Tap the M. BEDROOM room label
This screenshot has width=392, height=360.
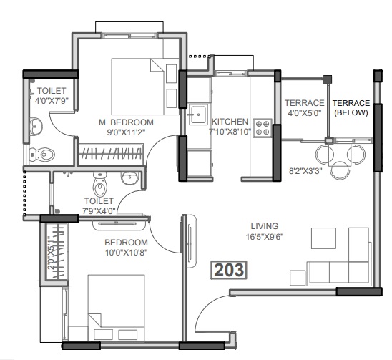pyautogui.click(x=122, y=122)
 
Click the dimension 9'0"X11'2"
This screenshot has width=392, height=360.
pyautogui.click(x=122, y=132)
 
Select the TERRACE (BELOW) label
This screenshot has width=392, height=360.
pyautogui.click(x=351, y=107)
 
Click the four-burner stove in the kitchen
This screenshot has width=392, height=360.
pyautogui.click(x=262, y=127)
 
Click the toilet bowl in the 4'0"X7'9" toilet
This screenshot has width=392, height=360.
pyautogui.click(x=44, y=153)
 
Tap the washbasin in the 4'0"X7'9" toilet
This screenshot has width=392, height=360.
pyautogui.click(x=35, y=127)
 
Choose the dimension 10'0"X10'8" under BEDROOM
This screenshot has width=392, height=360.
pyautogui.click(x=126, y=253)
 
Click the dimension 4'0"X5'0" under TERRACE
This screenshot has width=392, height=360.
pyautogui.click(x=304, y=112)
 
